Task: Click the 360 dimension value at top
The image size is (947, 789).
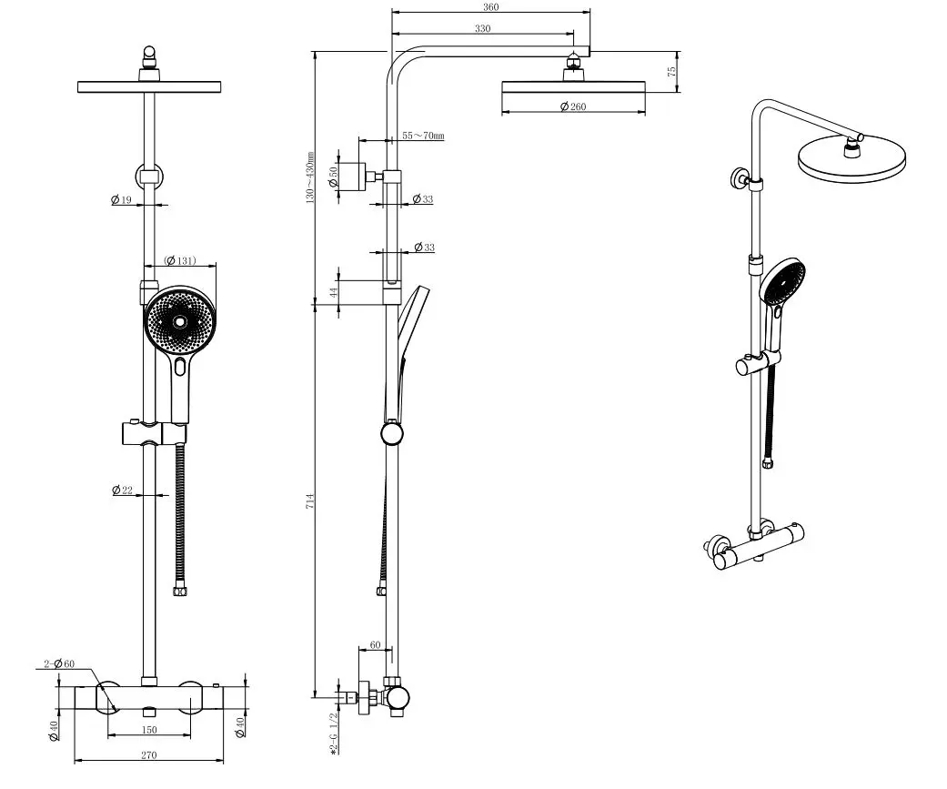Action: point(491,6)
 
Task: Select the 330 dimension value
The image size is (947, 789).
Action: point(482,29)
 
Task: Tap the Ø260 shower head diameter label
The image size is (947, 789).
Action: point(573,107)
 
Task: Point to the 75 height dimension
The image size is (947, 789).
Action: point(672,71)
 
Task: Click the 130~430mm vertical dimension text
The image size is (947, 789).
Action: point(309,177)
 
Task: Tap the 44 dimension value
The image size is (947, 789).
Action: point(334,292)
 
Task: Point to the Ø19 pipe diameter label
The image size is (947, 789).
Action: point(122,199)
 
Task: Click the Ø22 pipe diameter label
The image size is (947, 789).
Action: point(122,491)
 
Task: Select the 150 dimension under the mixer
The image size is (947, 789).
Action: point(149,730)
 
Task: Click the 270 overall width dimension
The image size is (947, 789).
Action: point(149,754)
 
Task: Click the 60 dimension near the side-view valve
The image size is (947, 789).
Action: point(374,644)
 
